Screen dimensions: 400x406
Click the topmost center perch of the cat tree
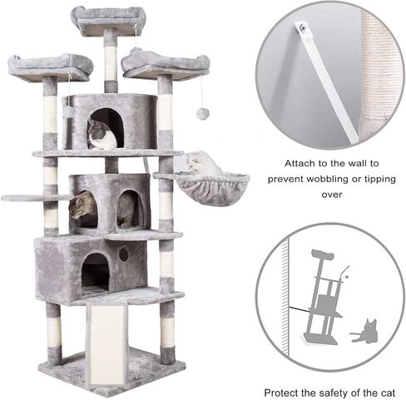[108, 19]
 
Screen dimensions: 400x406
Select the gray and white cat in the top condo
[101, 135]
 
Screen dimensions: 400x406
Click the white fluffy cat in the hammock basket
[202, 164]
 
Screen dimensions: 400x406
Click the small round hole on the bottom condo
[125, 254]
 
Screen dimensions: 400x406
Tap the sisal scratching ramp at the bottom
[106, 342]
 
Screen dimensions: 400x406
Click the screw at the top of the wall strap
[304, 29]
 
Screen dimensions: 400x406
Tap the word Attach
[300, 163]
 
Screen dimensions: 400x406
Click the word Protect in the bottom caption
[284, 392]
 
